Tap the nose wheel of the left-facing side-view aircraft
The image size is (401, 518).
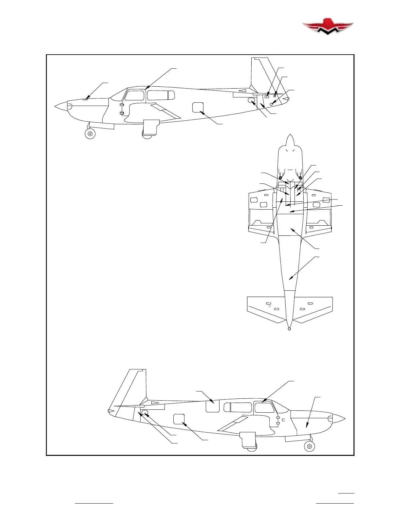tap(90, 133)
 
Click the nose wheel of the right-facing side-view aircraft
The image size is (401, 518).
tap(309, 446)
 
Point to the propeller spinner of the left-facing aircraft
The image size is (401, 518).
tap(61, 106)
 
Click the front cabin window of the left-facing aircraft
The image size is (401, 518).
tap(134, 95)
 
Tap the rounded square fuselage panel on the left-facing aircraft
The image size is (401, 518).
tap(198, 107)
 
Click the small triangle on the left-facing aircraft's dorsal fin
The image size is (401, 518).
tap(242, 91)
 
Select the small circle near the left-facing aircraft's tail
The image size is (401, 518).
tap(272, 104)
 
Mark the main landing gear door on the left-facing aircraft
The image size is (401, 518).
tap(151, 127)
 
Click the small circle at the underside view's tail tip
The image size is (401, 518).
tap(289, 329)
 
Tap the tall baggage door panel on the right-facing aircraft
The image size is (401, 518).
tap(212, 405)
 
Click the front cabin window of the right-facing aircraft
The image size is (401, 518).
tap(264, 407)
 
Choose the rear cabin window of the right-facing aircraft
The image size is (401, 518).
tap(238, 407)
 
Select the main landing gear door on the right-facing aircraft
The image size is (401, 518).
tap(248, 439)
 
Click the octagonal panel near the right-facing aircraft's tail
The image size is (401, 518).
tap(144, 412)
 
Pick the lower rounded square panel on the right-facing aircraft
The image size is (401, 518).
tap(179, 419)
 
